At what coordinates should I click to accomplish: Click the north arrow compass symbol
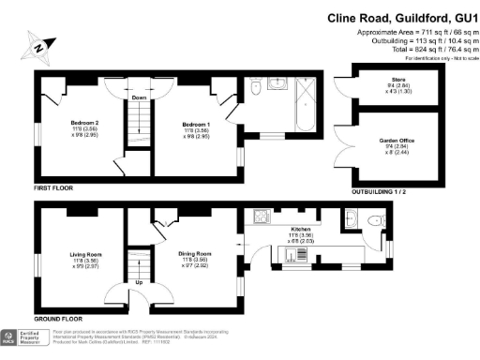[x=37, y=45]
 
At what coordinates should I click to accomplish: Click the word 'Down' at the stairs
[x=139, y=97]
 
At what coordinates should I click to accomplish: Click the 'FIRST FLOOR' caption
[x=54, y=188]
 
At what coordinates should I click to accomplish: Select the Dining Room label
[x=196, y=254]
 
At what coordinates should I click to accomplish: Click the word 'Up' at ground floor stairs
[x=139, y=281]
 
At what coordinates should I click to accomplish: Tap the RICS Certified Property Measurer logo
[x=22, y=337]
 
